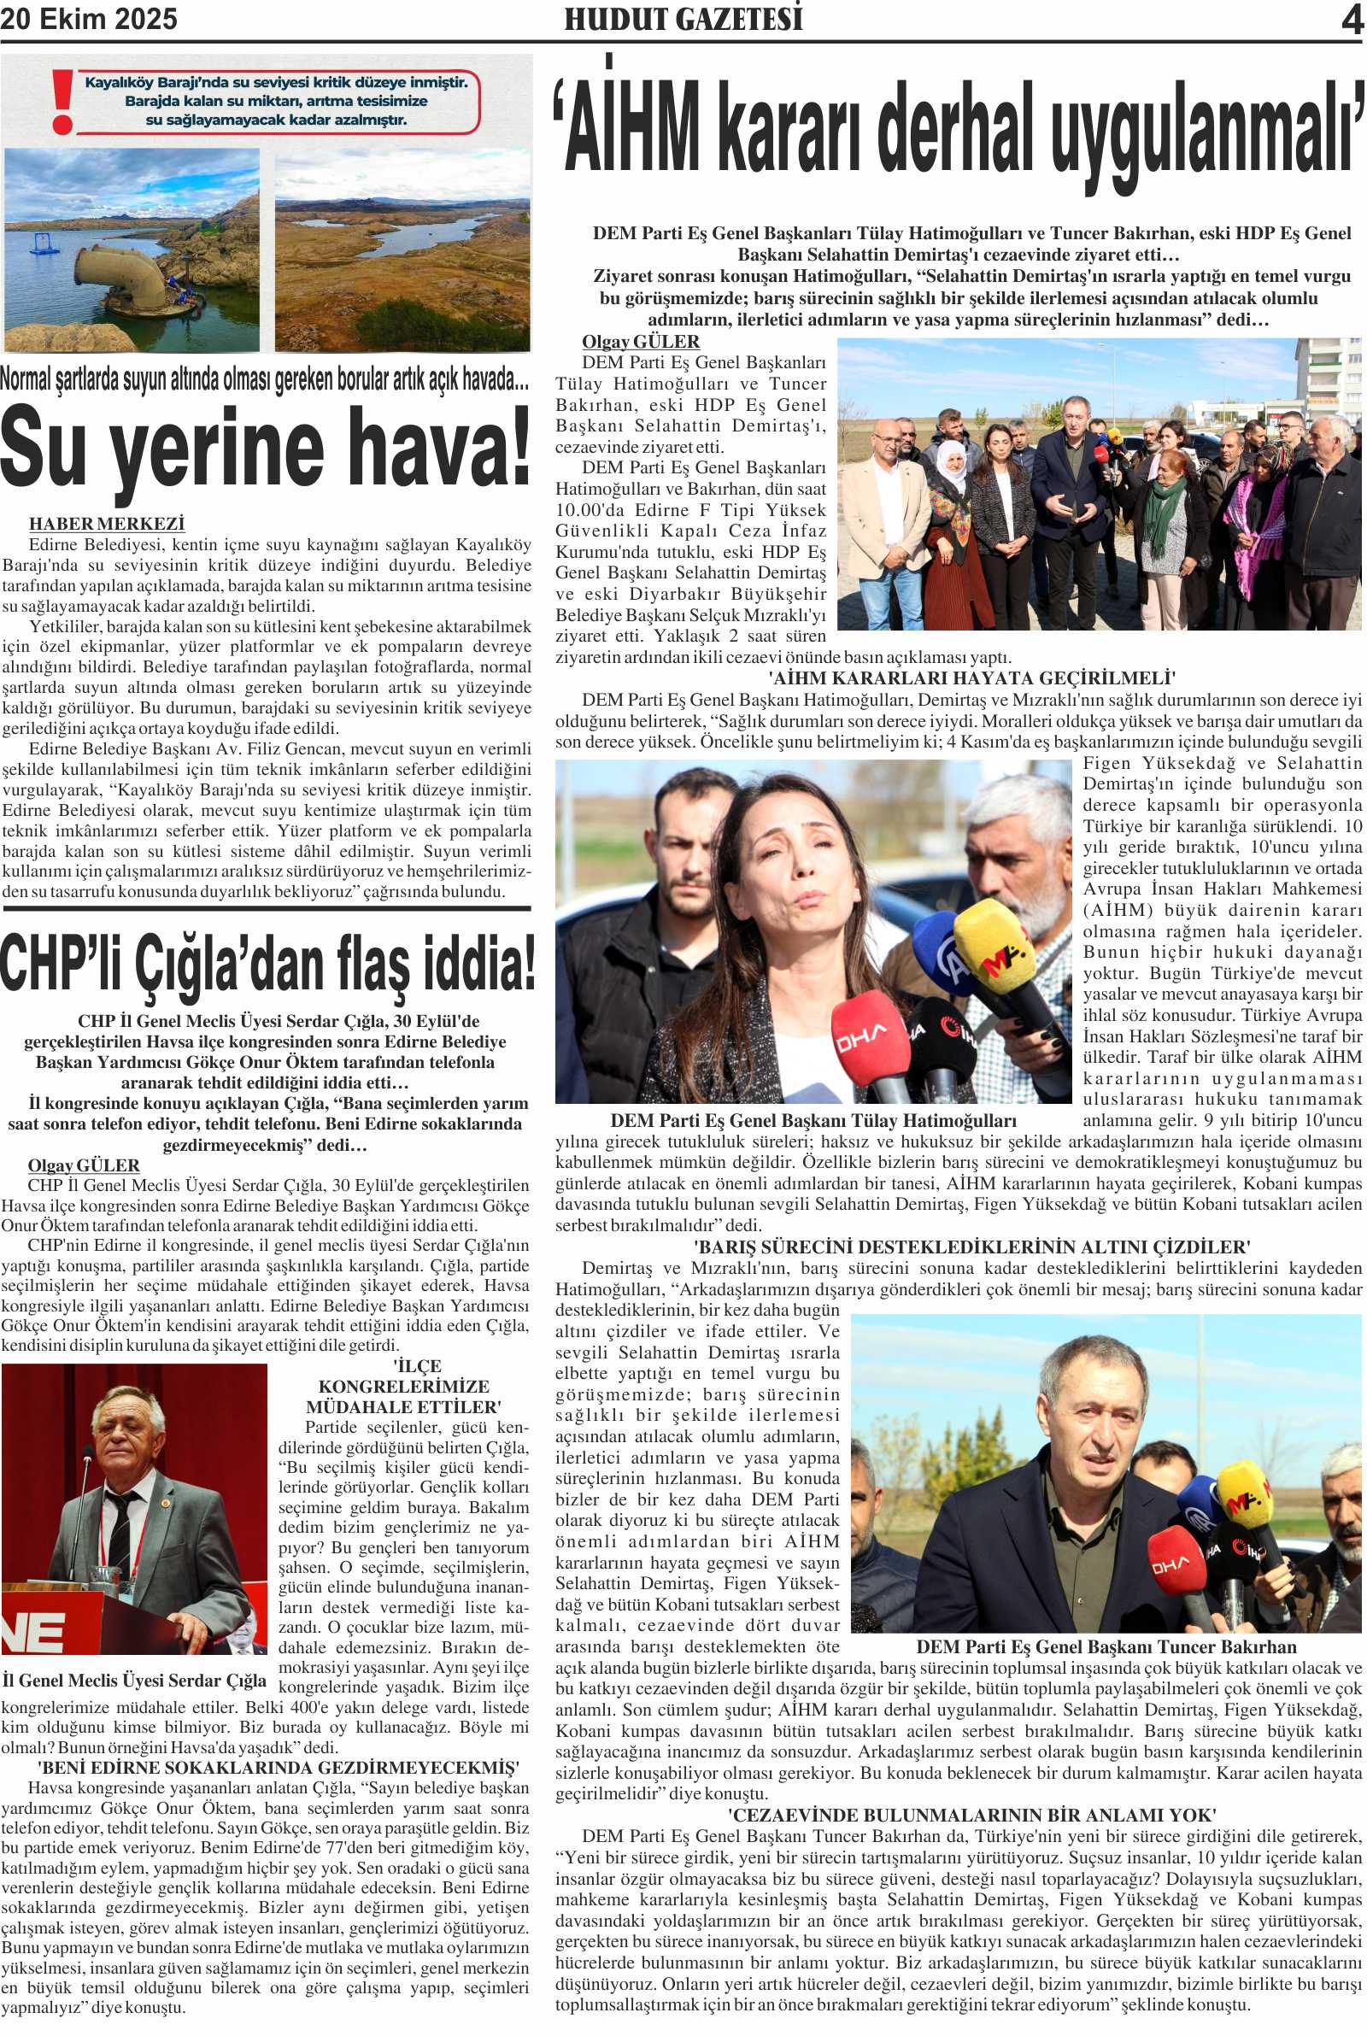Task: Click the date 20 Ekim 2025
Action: pyautogui.click(x=89, y=19)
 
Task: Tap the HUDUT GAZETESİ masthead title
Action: pyautogui.click(x=683, y=19)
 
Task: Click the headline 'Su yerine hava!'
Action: pyautogui.click(x=266, y=449)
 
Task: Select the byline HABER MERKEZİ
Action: pyautogui.click(x=106, y=524)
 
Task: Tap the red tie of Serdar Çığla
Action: pyautogui.click(x=121, y=1532)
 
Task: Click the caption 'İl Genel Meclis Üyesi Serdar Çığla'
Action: pyautogui.click(x=134, y=1681)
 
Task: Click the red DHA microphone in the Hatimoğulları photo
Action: pyautogui.click(x=864, y=1034)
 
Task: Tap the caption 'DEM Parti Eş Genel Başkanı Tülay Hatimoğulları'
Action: pyautogui.click(x=813, y=1120)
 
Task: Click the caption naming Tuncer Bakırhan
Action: pyautogui.click(x=1106, y=1646)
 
